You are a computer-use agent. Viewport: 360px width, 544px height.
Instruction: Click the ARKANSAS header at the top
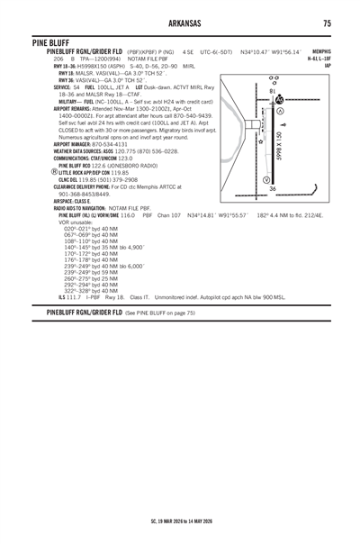[x=180, y=23]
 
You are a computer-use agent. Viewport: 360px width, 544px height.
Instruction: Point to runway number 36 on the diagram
[x=273, y=188]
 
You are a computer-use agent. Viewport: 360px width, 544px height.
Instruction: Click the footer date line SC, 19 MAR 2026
[x=180, y=520]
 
